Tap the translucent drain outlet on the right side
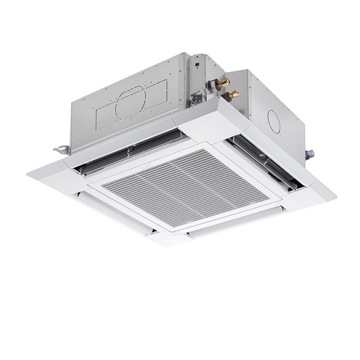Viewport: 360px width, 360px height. pyautogui.click(x=310, y=154)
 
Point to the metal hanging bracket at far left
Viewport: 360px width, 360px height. pyautogui.click(x=61, y=149)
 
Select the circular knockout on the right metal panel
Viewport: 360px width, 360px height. pyautogui.click(x=274, y=122)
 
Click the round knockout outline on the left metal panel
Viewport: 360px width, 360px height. pyautogui.click(x=131, y=101)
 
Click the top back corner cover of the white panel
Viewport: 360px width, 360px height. pyautogui.click(x=210, y=117)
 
